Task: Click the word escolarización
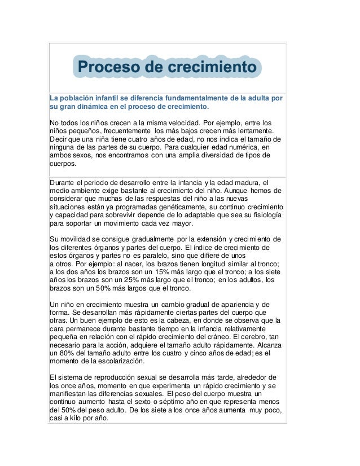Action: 116,362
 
